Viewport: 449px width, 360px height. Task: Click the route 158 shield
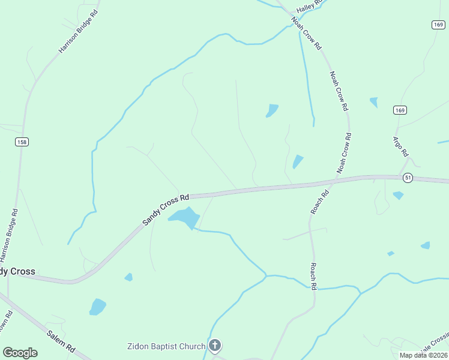tap(23, 142)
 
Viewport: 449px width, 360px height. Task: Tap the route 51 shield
tap(408, 178)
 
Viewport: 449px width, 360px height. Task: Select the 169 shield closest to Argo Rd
tap(400, 110)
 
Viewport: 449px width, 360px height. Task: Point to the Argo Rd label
tap(400, 146)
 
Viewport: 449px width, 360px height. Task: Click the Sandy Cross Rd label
tap(166, 209)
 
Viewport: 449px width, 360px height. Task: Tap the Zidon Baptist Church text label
tap(166, 346)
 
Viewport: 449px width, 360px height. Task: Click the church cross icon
tap(215, 346)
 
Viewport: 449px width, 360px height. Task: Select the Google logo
tap(20, 353)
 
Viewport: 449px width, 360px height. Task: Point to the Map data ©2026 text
tap(423, 355)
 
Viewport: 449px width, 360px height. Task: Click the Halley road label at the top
tap(310, 6)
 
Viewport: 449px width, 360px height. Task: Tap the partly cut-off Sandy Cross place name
tap(17, 271)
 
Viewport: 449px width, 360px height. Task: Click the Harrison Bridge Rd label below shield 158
tap(13, 232)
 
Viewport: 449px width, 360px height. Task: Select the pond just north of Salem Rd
tap(97, 307)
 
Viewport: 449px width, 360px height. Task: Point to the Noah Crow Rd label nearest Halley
tap(306, 32)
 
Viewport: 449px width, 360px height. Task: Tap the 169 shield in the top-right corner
tap(438, 24)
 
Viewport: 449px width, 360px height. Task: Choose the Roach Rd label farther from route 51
tap(313, 277)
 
